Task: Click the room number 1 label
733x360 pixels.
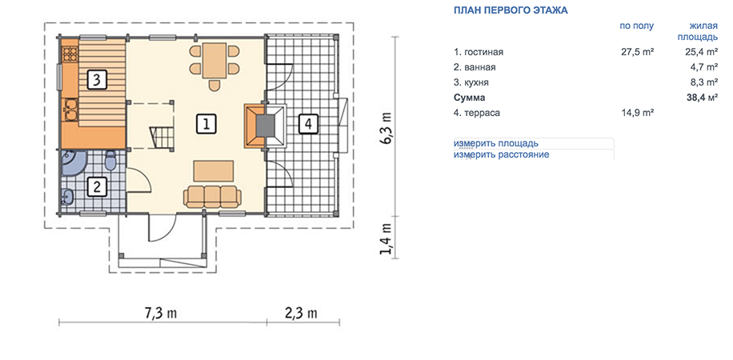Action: (x=206, y=124)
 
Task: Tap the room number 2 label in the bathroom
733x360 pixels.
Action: (x=97, y=187)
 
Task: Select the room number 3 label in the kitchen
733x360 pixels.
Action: (x=96, y=79)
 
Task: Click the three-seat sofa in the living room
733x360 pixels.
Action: (x=213, y=196)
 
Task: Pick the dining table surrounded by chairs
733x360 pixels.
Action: (x=214, y=62)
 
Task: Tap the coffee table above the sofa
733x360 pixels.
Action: (x=214, y=170)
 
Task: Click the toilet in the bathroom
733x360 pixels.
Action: (x=110, y=160)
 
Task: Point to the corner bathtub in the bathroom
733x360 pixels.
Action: (x=73, y=162)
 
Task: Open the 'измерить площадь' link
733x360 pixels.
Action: (x=495, y=143)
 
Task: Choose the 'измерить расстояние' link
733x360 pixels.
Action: (x=501, y=154)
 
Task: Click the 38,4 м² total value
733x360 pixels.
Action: (x=699, y=98)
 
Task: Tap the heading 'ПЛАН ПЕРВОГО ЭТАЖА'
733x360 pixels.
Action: (x=511, y=10)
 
